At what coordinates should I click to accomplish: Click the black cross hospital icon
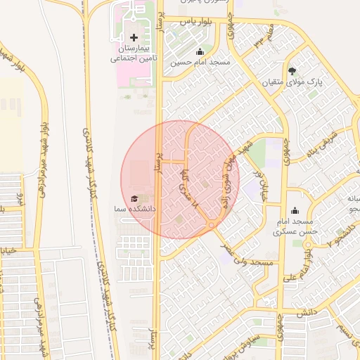pos(134,37)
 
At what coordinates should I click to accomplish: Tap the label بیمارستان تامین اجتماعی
pos(133,54)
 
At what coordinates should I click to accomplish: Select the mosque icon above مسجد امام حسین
pos(200,51)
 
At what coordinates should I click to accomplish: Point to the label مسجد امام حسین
pos(200,63)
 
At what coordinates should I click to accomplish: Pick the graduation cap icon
pos(134,199)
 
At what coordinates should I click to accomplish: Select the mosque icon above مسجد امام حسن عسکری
pos(294,210)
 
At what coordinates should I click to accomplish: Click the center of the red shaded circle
pos(180,179)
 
